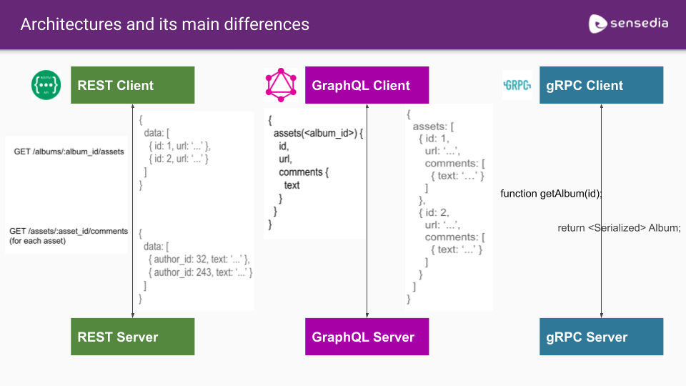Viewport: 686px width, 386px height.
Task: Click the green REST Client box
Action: click(x=132, y=85)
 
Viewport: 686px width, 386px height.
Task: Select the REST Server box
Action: click(x=132, y=337)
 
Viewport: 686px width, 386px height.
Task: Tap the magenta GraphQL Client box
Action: click(x=367, y=85)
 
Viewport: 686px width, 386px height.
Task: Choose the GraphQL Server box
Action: click(x=367, y=337)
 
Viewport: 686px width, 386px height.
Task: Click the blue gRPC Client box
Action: click(x=601, y=85)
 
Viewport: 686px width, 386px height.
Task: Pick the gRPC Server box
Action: click(x=601, y=337)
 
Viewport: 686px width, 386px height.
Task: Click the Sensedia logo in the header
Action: click(x=628, y=24)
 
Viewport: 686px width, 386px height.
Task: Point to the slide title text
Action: click(x=164, y=24)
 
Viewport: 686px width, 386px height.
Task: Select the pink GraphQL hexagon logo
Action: click(x=280, y=85)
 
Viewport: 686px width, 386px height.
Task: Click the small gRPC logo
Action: click(x=517, y=85)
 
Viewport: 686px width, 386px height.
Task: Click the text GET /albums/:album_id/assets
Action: click(x=69, y=152)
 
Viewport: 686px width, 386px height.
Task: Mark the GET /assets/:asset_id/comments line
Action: click(x=69, y=231)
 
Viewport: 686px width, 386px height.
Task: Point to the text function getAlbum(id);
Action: click(x=551, y=194)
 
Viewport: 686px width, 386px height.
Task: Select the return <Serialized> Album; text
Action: click(x=619, y=228)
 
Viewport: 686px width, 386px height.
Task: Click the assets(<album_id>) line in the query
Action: click(x=319, y=133)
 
